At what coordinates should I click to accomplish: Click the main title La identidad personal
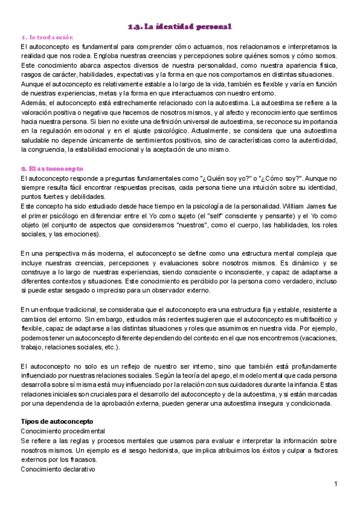coord(180,26)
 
